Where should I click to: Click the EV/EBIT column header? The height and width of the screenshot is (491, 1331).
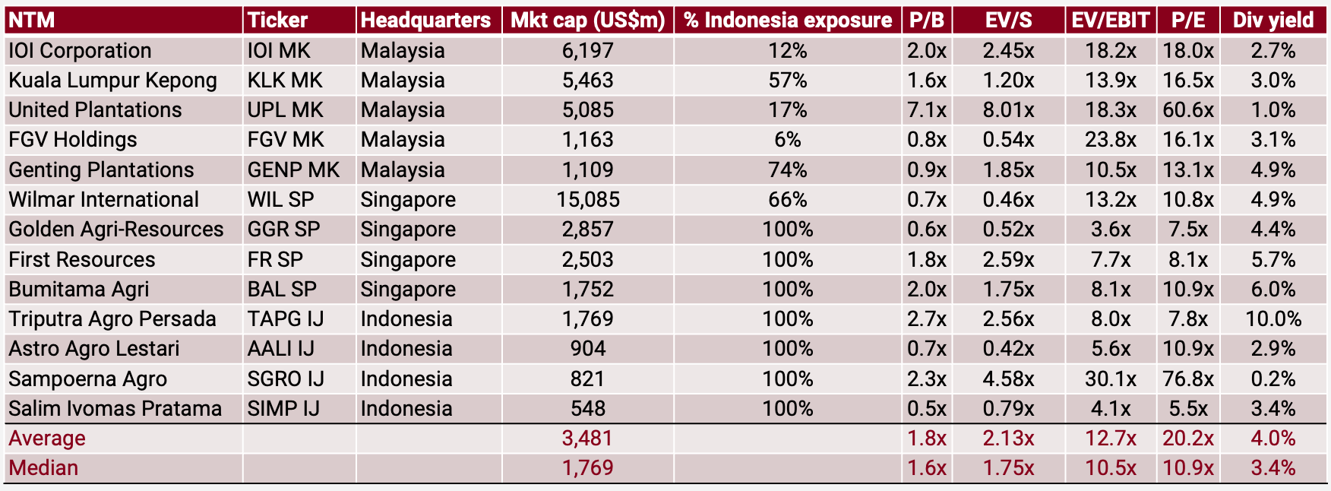[x=1110, y=21]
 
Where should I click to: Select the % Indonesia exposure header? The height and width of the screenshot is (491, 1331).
[x=787, y=21]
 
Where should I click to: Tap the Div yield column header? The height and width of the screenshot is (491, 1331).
[x=1273, y=21]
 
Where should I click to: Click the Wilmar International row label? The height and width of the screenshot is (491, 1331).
[x=103, y=200]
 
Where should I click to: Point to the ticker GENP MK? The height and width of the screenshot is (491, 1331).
[x=293, y=170]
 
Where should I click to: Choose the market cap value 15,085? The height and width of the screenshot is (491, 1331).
[x=587, y=200]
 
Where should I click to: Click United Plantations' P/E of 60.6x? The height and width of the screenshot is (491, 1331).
[x=1187, y=110]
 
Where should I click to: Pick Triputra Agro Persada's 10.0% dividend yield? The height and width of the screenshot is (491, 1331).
[x=1273, y=319]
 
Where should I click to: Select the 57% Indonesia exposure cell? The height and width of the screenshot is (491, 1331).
[x=787, y=81]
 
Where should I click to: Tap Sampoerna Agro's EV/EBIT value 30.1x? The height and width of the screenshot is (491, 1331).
[x=1110, y=379]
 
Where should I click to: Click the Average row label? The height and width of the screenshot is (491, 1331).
[x=47, y=439]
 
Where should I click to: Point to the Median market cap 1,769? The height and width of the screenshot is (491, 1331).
[x=587, y=468]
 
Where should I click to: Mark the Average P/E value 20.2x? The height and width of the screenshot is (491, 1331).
[x=1187, y=439]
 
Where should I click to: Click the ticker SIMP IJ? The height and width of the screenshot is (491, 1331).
[x=283, y=409]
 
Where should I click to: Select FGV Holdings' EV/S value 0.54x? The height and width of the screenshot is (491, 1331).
[x=1008, y=140]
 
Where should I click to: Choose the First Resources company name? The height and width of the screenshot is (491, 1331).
[x=82, y=260]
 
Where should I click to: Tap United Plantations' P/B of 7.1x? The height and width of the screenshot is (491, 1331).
[x=927, y=110]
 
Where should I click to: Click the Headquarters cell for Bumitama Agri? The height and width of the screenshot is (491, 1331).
[x=408, y=290]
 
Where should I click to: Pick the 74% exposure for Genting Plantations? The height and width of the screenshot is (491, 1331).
[x=787, y=170]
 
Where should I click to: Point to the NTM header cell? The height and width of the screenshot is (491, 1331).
[x=32, y=21]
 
